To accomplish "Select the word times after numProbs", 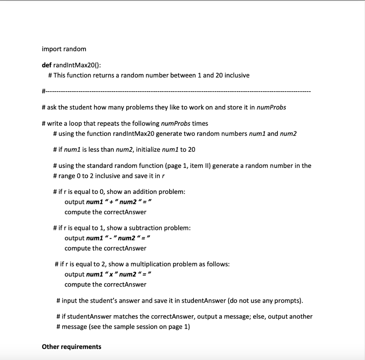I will coord(200,123).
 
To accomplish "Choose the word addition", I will coord(143,192).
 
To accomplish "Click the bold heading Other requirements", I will coord(71,346).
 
